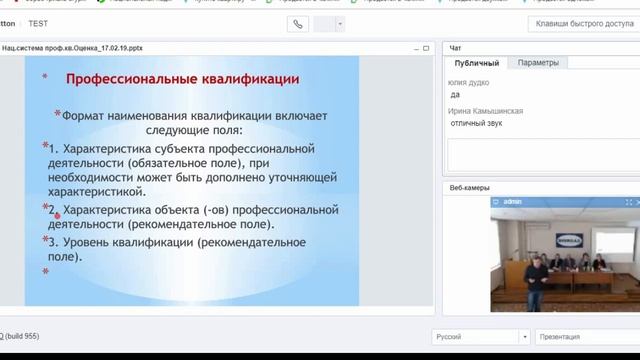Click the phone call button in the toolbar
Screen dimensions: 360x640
coord(298,23)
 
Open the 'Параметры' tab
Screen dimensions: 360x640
coord(538,62)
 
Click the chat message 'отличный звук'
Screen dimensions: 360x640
coord(477,123)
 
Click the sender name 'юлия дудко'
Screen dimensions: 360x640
coord(469,83)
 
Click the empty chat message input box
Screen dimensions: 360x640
coord(540,154)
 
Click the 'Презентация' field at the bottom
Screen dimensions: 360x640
coord(586,337)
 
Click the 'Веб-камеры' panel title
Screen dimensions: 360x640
coord(470,187)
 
